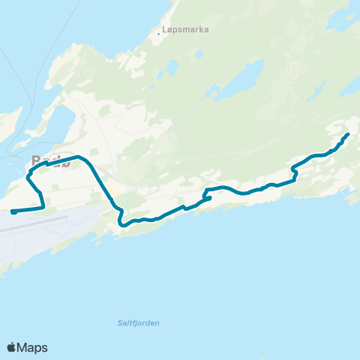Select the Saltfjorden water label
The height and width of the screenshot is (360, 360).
(x=139, y=323)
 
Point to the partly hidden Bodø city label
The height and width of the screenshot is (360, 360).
(x=51, y=161)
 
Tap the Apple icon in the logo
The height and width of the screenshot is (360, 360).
(x=12, y=347)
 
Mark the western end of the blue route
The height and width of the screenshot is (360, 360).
(x=13, y=212)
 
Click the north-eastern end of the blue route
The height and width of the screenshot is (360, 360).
(x=348, y=134)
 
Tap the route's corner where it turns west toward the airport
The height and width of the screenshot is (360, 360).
(x=43, y=206)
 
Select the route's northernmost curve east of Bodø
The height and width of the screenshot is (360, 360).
(x=79, y=157)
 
